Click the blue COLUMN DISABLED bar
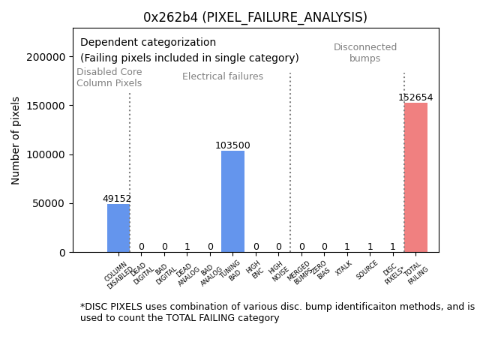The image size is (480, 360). tap(118, 228)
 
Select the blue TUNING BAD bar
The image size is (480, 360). tap(232, 202)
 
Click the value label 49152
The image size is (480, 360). tap(117, 199)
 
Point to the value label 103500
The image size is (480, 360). tap(232, 145)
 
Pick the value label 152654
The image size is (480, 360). tap(415, 97)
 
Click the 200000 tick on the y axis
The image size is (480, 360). tap(45, 57)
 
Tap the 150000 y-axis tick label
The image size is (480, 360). tap(45, 106)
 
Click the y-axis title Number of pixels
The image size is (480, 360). tap(16, 140)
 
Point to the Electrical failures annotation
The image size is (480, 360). tap(223, 76)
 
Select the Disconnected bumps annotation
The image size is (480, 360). tap(365, 52)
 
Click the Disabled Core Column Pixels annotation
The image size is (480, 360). tap(109, 77)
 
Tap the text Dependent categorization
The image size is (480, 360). tap(148, 43)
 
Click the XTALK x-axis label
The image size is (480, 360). tap(344, 268)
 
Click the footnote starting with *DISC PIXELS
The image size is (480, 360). tap(277, 312)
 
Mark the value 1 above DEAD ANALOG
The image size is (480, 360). tap(187, 247)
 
